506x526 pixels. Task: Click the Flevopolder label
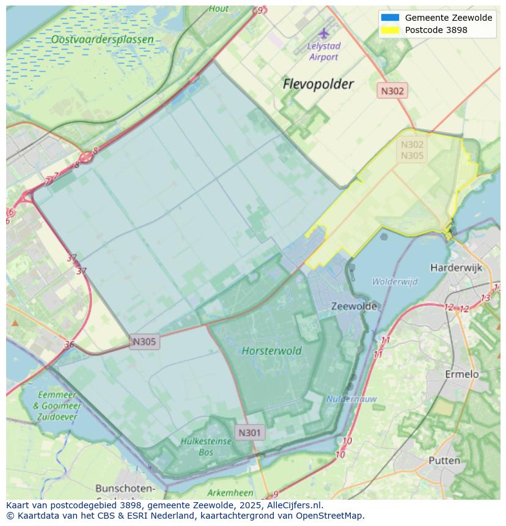(x=318, y=84)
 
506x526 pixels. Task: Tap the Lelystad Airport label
(x=323, y=51)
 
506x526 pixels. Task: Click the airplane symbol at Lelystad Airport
(x=323, y=32)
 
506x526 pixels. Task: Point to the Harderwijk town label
(x=456, y=268)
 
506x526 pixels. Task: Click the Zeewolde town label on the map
(x=354, y=306)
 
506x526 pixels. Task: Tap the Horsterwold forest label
(x=271, y=351)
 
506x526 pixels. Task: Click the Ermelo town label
(x=461, y=374)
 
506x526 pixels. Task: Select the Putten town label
(x=444, y=460)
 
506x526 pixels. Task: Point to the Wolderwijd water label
(x=395, y=282)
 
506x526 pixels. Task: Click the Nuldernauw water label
(x=351, y=399)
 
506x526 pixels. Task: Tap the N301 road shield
(x=249, y=433)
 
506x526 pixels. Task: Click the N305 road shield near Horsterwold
(x=144, y=342)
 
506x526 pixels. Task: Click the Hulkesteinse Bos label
(x=206, y=446)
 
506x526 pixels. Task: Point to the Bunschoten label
(x=125, y=489)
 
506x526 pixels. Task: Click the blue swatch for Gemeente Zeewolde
(x=389, y=18)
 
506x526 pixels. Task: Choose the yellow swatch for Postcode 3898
(x=389, y=30)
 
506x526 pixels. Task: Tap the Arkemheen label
(x=230, y=493)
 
